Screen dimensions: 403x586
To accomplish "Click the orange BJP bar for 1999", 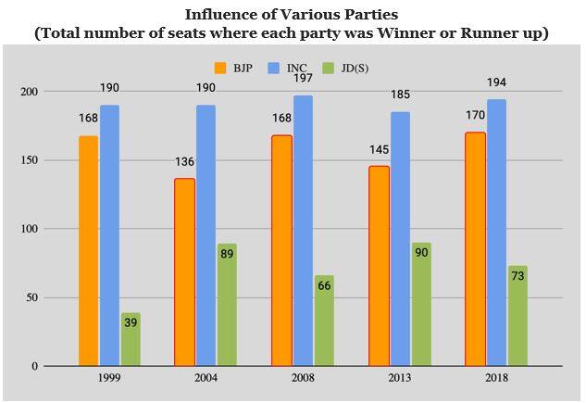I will (88, 251).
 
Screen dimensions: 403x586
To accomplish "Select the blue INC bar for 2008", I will (303, 231).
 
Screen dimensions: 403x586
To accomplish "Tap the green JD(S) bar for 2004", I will (227, 305).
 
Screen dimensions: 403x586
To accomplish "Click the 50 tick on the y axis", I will (31, 297).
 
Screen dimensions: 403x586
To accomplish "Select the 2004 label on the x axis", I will (206, 378).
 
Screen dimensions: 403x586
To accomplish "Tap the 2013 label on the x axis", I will (400, 378).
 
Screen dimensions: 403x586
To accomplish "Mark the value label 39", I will (131, 321).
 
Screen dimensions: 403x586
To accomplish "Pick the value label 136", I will (185, 163).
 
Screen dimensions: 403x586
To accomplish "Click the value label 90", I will (421, 252).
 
